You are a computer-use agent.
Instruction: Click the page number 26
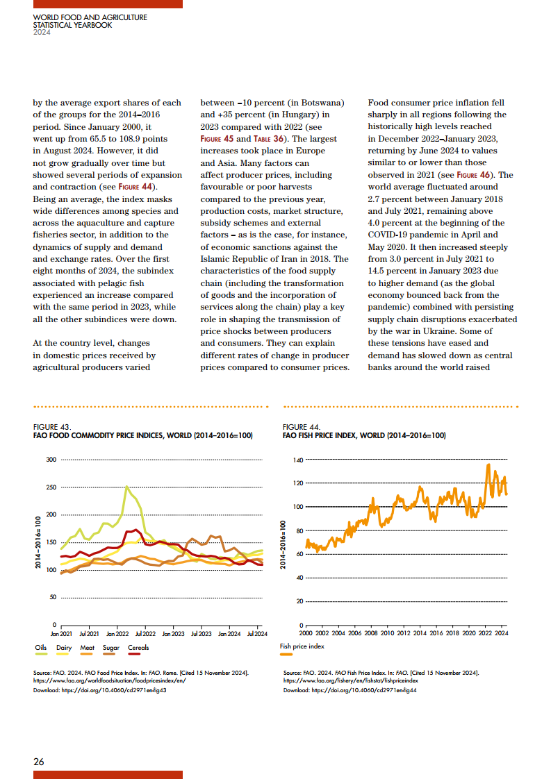[x=39, y=762]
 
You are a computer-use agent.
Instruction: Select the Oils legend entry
[x=40, y=648]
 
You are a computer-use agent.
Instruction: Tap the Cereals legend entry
[x=138, y=648]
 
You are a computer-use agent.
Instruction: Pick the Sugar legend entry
[x=111, y=648]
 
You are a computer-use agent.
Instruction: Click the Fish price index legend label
[x=302, y=646]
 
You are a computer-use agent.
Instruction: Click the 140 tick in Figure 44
[x=299, y=460]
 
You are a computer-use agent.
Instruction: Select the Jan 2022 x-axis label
[x=117, y=634]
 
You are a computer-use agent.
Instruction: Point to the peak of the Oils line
[x=126, y=487]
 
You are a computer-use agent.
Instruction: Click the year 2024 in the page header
[x=42, y=31]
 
